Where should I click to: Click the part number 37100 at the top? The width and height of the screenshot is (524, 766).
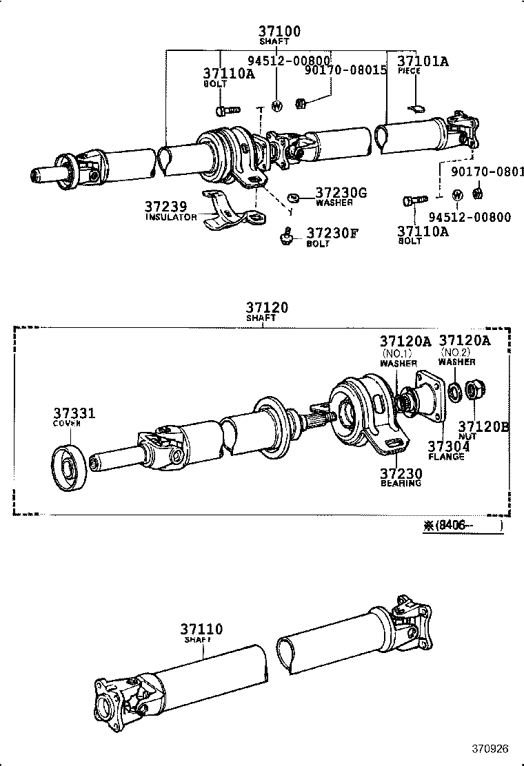(279, 31)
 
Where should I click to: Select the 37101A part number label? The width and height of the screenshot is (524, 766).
(423, 61)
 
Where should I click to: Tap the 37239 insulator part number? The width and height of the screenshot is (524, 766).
(165, 207)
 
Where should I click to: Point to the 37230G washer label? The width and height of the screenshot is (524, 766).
(341, 193)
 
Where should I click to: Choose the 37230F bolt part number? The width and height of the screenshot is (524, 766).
(332, 234)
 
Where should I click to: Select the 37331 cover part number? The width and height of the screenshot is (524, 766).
(74, 413)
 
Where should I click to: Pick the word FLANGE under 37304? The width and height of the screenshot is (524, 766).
(446, 457)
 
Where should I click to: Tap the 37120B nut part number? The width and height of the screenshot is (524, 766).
(483, 427)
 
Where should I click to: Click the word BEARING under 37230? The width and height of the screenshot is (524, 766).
(401, 484)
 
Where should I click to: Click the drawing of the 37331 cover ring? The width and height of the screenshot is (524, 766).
(70, 470)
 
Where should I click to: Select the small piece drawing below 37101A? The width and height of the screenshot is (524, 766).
(416, 106)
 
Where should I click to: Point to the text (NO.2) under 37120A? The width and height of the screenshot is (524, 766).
(456, 351)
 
